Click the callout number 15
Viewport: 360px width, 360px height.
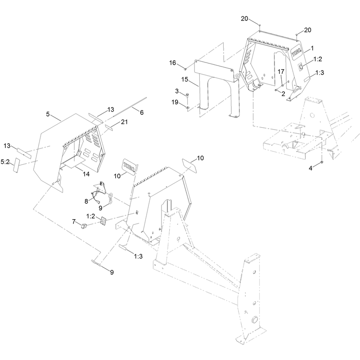pyautogui.click(x=185, y=80)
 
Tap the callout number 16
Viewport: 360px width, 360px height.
pyautogui.click(x=173, y=63)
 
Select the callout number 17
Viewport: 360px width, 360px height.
pyautogui.click(x=281, y=72)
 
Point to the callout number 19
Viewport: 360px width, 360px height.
pyautogui.click(x=175, y=102)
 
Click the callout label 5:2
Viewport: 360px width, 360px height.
pyautogui.click(x=5, y=162)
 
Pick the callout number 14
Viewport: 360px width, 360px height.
pyautogui.click(x=86, y=174)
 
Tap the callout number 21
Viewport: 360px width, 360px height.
pyautogui.click(x=124, y=121)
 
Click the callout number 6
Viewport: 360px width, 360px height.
pyautogui.click(x=142, y=112)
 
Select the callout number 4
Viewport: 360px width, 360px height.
pyautogui.click(x=310, y=168)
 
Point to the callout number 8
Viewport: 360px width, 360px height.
pyautogui.click(x=86, y=201)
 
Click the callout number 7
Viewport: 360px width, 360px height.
pyautogui.click(x=74, y=221)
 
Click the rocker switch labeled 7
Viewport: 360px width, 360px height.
pyautogui.click(x=83, y=226)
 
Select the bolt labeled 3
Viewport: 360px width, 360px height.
pyautogui.click(x=188, y=96)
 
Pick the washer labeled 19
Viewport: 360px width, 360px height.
pyautogui.click(x=188, y=107)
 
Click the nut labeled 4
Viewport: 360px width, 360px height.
pyautogui.click(x=322, y=162)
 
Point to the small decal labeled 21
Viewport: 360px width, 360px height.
pyautogui.click(x=109, y=127)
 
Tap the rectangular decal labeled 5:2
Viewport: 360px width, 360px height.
pyautogui.click(x=16, y=165)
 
